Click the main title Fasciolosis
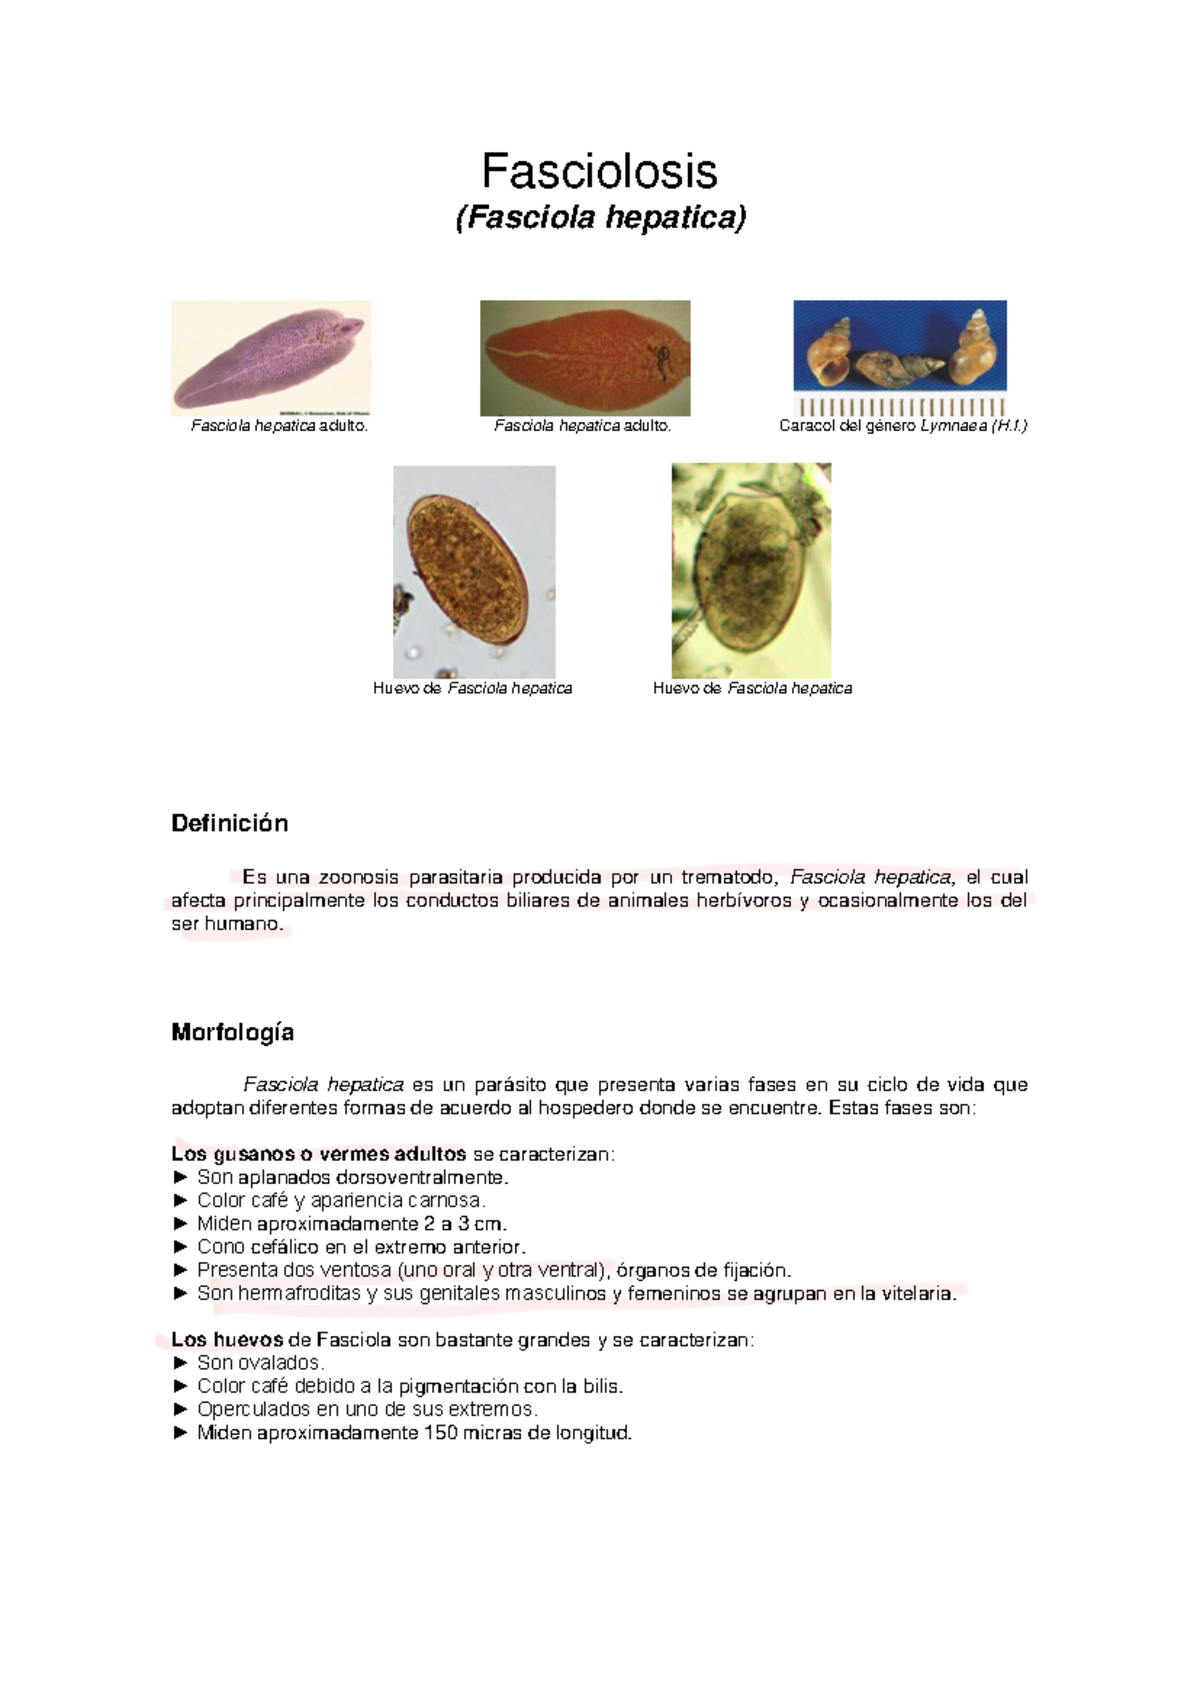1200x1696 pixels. pos(599,171)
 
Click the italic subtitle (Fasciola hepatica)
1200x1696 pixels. pos(600,217)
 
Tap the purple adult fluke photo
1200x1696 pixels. pos(271,357)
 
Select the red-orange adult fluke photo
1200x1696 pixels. pos(585,357)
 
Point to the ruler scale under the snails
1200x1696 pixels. pos(900,407)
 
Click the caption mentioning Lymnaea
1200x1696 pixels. pos(903,426)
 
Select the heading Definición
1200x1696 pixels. pos(229,823)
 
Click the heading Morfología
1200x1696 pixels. pos(232,1032)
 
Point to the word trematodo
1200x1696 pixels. pos(727,877)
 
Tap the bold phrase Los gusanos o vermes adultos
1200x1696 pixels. pos(318,1154)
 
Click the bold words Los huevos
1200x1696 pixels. pos(226,1340)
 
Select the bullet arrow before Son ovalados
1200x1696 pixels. pos(180,1363)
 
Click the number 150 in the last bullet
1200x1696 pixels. pos(441,1433)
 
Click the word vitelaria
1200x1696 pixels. pos(917,1294)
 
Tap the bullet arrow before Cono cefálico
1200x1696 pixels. pos(180,1247)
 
